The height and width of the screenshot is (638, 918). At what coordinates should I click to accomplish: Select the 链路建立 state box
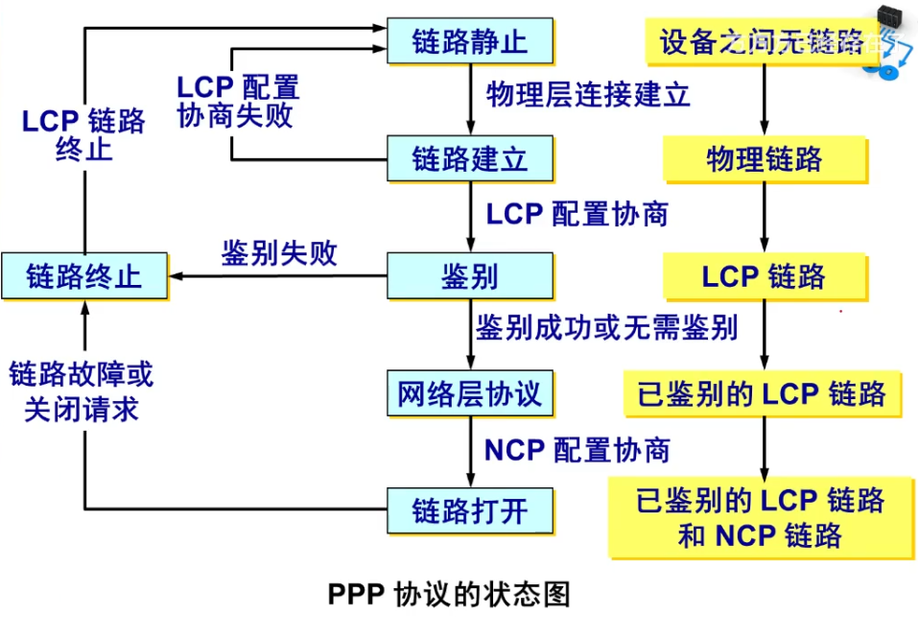point(470,158)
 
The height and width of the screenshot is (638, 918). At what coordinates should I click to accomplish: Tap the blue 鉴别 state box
point(470,276)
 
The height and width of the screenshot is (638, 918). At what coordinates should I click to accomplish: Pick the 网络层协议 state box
point(470,393)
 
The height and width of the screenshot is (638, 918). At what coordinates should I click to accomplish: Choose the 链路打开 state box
point(470,509)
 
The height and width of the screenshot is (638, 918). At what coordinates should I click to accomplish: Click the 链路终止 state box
point(84,276)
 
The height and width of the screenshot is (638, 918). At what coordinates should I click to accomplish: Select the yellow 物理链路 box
point(765,159)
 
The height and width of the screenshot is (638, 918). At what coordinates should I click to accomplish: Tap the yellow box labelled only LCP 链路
point(765,277)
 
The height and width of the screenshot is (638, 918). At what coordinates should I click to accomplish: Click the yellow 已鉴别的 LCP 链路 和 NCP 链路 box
point(761,517)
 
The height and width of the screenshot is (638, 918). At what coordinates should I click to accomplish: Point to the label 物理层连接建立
point(588,95)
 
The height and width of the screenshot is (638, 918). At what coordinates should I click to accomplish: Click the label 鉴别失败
point(279,253)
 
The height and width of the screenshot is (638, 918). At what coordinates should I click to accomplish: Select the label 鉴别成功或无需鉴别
point(607,328)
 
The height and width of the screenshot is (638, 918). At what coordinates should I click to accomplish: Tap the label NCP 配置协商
point(577,449)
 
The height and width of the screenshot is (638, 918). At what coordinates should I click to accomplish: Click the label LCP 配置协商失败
point(238,101)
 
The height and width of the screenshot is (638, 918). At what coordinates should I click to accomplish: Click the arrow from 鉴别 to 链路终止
point(278,276)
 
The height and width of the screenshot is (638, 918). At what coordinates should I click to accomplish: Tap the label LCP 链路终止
point(84,134)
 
